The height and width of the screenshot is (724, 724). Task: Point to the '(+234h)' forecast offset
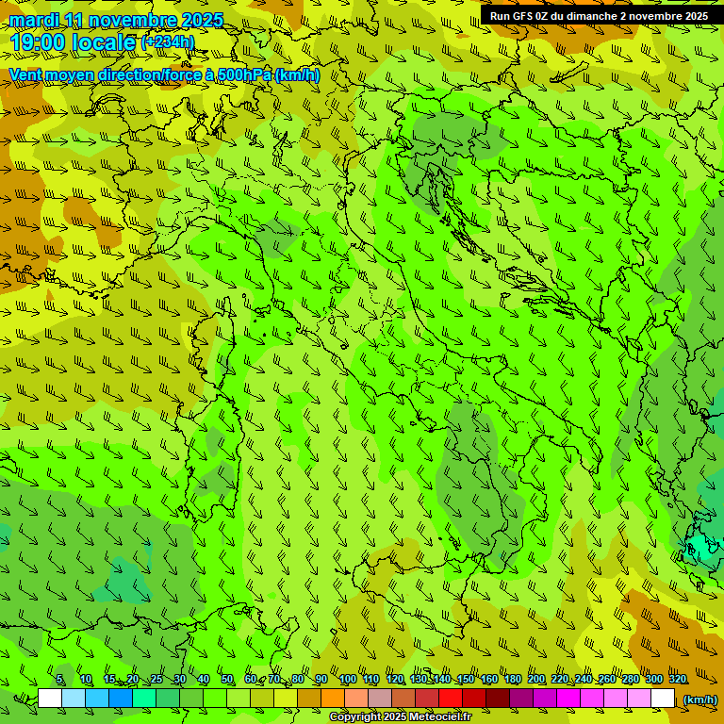pos(168,41)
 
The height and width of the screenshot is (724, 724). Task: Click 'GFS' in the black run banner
pos(523,16)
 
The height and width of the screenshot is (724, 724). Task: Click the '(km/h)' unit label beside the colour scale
pos(699,699)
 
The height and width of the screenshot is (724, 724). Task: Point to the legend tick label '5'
pos(60,680)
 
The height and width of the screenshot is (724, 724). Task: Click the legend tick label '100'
pos(347,680)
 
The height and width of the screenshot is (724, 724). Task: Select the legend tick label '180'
pos(512,680)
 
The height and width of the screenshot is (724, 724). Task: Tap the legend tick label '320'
pos(677,680)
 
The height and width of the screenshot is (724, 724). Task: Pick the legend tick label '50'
pos(227,680)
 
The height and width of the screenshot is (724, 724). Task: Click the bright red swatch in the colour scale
pos(451,699)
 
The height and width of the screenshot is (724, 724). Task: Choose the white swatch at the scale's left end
pos(50,699)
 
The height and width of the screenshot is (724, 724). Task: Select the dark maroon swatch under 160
pos(498,699)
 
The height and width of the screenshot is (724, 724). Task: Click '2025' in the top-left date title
pos(202,20)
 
